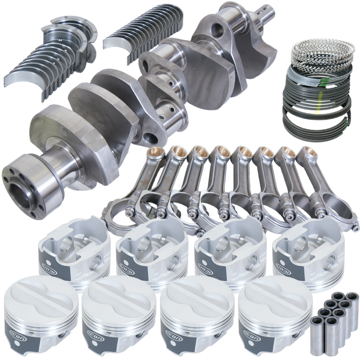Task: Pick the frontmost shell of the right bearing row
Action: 118,43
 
